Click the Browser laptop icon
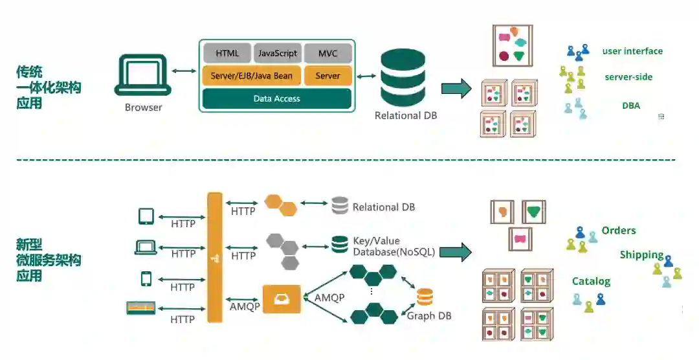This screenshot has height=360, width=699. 143,75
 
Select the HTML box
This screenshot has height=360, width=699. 227,53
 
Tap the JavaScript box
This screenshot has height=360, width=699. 277,53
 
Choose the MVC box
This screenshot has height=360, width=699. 327,53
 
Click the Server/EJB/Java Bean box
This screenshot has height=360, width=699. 252,76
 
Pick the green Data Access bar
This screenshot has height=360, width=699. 277,98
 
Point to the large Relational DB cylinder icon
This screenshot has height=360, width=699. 403,78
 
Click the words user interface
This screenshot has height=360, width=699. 632,51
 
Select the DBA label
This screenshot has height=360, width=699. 631,106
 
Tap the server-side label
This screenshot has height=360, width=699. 628,77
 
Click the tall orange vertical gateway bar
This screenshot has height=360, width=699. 215,258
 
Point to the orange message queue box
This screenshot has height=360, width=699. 282,299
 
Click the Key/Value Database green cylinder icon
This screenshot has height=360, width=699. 340,245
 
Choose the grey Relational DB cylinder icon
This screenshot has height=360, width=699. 340,206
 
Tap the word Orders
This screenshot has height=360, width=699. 619,231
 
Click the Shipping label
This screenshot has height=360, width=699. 642,254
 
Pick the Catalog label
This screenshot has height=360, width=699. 591,281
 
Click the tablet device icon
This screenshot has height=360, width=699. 146,216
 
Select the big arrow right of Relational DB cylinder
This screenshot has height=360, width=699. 456,88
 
